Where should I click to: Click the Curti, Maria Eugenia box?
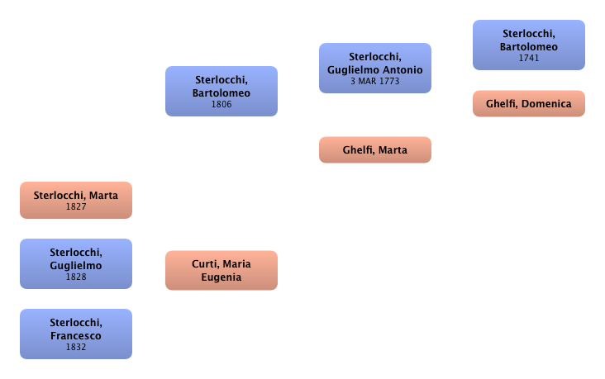222,270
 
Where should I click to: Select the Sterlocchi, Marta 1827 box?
75,201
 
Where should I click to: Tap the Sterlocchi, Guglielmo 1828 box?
75,263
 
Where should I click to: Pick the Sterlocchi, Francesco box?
75,334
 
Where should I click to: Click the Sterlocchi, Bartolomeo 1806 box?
222,91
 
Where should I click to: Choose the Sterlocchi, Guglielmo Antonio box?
374,69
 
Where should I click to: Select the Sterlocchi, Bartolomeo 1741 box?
529,45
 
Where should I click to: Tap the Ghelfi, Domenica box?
529,104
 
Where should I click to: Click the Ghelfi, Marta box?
374,150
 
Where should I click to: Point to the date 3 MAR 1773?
374,81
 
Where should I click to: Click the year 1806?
222,105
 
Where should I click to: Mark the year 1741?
529,58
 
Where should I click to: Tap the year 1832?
75,348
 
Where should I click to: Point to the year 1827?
75,206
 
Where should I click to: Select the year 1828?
75,277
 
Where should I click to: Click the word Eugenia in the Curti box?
221,277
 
